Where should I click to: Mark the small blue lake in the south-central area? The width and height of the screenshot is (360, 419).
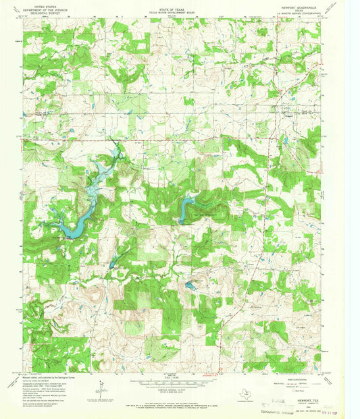pos(191,287)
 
